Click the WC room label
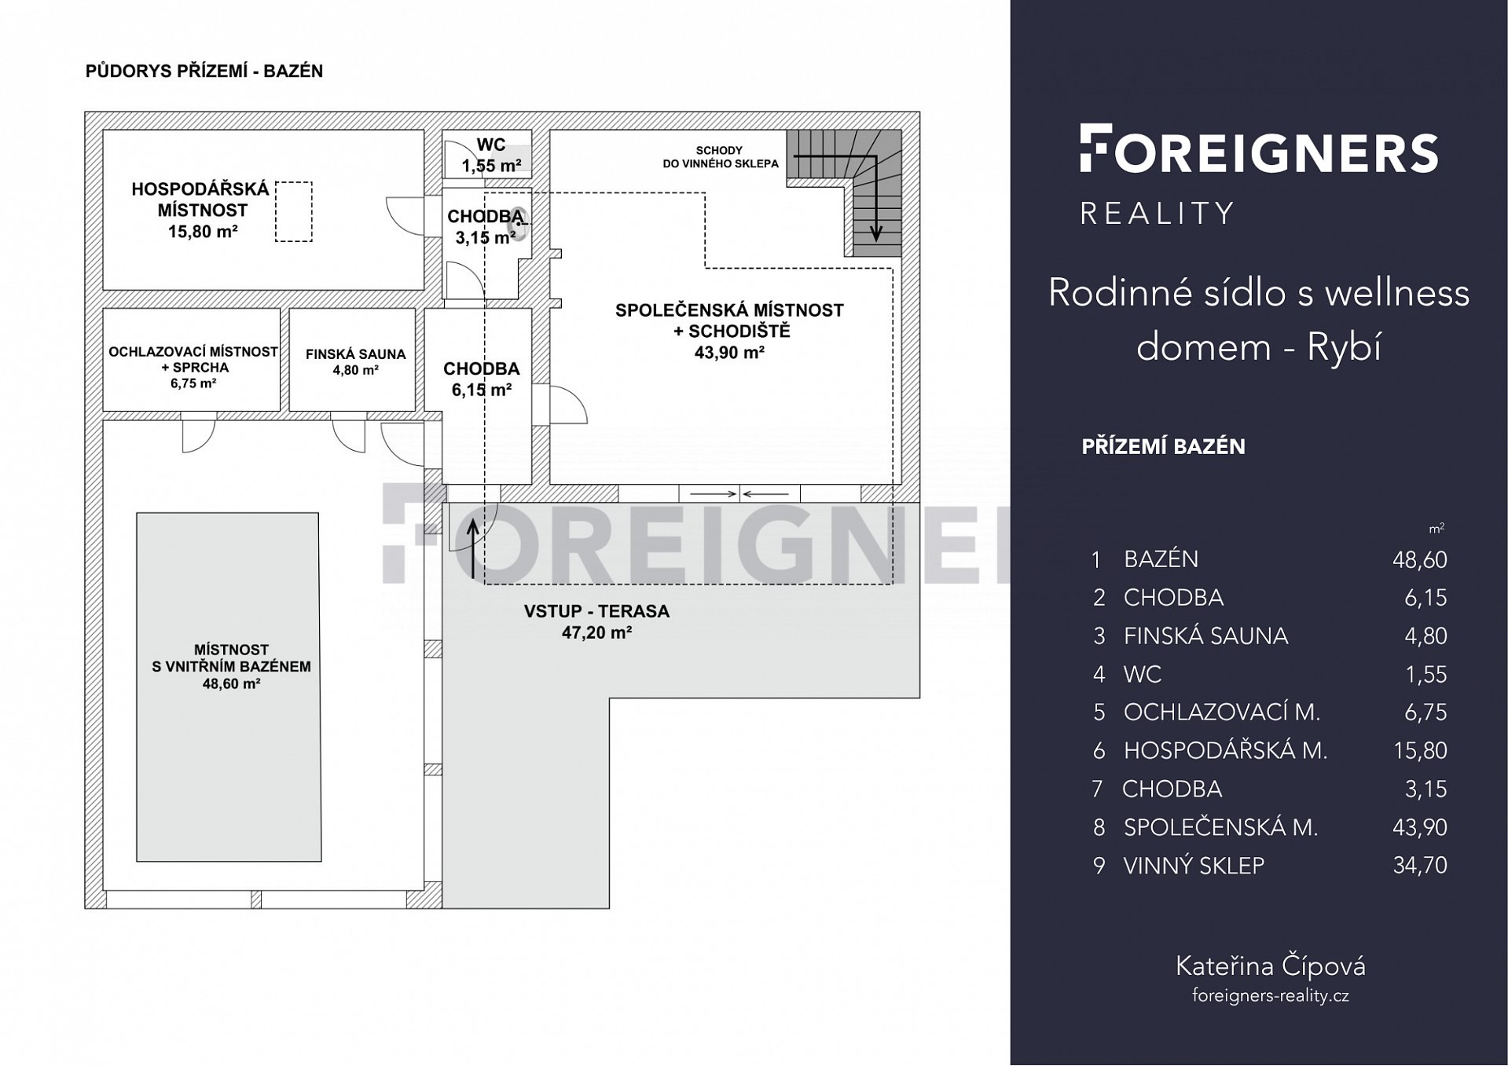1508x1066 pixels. [491, 145]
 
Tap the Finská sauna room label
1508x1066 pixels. [356, 354]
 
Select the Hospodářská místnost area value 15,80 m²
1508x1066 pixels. [203, 232]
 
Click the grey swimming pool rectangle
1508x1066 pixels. [229, 687]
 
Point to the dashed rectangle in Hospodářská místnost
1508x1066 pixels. [293, 211]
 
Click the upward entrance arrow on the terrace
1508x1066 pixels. [473, 549]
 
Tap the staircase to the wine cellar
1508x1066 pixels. [845, 192]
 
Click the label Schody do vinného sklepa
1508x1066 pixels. [720, 157]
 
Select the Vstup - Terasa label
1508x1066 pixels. [596, 611]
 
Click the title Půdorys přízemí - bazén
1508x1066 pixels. [204, 71]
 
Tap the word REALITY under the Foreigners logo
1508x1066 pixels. [1158, 214]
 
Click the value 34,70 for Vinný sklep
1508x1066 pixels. [1419, 865]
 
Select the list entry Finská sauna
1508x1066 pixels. [1206, 636]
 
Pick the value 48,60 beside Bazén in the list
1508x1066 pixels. [1419, 559]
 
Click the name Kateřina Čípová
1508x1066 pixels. [1271, 965]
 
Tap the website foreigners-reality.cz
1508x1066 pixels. [1271, 995]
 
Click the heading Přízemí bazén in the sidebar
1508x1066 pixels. [1164, 446]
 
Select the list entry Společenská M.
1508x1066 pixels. [1220, 827]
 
